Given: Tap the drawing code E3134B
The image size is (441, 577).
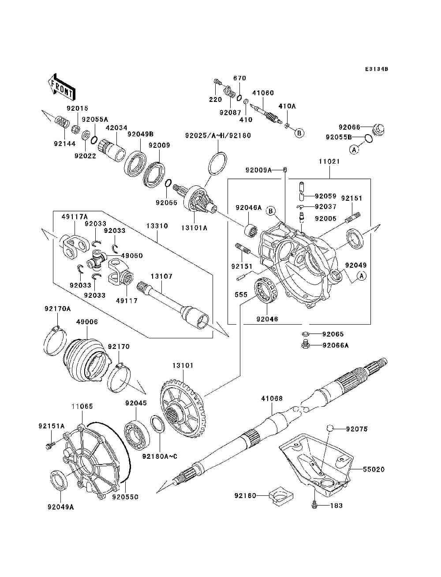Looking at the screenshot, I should (376, 69).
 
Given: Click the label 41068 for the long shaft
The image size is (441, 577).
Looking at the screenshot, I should (272, 399).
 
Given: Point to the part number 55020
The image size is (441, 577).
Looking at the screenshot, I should (374, 470).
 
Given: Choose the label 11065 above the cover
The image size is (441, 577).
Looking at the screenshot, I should (82, 406).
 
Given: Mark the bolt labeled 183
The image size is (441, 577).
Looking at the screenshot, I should (314, 505).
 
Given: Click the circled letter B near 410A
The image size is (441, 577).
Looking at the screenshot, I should (299, 133).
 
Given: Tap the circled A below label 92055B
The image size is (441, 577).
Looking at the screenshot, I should (354, 150).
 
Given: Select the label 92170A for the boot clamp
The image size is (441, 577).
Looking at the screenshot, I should (57, 309).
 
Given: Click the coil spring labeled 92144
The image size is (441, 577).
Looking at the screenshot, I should (62, 121).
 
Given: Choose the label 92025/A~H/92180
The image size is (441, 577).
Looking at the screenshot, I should (218, 135).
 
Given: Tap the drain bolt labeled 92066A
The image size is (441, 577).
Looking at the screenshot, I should (305, 345).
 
